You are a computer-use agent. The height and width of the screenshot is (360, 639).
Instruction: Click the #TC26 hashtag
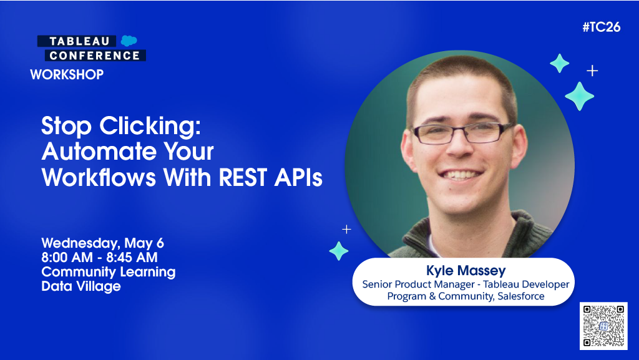(x=602, y=27)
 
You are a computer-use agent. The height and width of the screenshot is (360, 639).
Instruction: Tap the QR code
(x=603, y=326)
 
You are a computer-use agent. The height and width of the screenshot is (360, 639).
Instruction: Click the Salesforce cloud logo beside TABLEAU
(x=129, y=41)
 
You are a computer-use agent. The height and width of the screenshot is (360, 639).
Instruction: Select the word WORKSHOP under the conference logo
(x=67, y=75)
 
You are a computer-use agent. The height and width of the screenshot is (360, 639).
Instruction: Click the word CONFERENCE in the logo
(x=95, y=56)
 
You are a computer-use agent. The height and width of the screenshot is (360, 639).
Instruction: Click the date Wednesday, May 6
(x=102, y=243)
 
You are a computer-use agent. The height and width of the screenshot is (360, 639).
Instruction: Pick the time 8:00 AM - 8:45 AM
(x=99, y=258)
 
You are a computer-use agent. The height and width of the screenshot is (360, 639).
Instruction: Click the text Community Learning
(x=108, y=272)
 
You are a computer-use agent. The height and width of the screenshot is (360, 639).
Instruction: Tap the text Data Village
(x=81, y=286)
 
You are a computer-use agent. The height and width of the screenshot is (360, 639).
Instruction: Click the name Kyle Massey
(x=465, y=271)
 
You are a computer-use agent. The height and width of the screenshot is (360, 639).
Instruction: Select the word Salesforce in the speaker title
(x=520, y=296)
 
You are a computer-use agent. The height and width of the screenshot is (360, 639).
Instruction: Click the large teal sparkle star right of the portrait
(x=579, y=96)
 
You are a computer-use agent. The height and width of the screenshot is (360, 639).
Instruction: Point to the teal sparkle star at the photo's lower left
(x=339, y=251)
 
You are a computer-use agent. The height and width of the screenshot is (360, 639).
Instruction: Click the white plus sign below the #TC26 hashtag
(x=592, y=71)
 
